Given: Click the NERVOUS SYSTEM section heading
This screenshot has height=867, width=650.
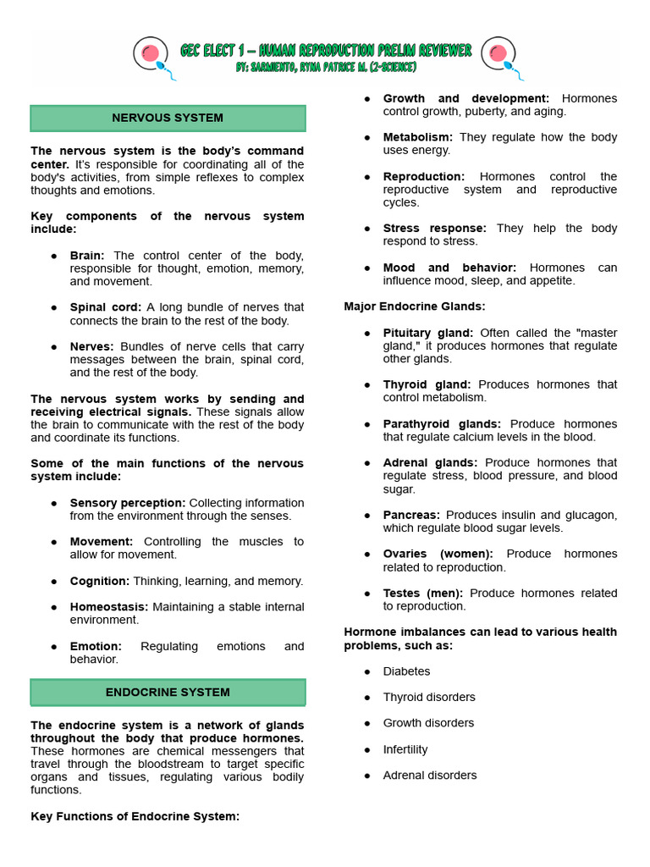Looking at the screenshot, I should pos(168,118).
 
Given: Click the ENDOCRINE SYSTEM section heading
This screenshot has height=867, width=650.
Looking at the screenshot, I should pos(168,692).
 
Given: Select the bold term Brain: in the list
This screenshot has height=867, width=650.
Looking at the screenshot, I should pos(88,255).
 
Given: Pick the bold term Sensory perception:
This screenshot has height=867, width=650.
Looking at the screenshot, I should pos(128,503).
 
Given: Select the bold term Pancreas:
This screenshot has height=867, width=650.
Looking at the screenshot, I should pos(411,515).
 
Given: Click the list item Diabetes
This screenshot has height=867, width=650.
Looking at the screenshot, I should pos(406,671).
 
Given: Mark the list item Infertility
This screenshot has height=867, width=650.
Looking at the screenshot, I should pos(405,749).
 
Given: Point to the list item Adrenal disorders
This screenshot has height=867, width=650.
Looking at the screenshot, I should pos(430,775).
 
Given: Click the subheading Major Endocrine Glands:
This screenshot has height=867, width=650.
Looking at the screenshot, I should pos(415,306).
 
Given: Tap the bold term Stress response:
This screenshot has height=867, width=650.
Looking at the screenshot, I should pos(435,228).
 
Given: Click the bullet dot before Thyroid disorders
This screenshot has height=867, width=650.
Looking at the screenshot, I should pos(367,698).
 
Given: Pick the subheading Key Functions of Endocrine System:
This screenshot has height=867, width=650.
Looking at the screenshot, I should pos(135,816).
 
